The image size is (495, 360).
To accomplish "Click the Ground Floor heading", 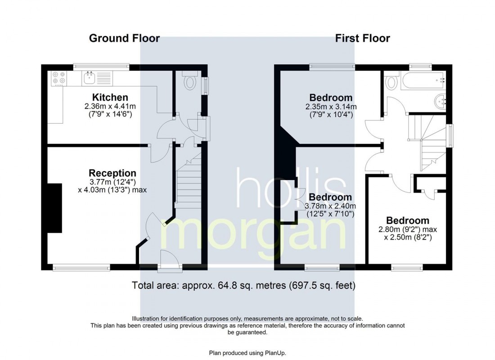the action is tap(124, 38).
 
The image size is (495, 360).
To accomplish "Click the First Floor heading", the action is tap(362, 38).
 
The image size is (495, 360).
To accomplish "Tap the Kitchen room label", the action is tap(110, 97).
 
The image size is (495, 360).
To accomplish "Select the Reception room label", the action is tap(112, 173).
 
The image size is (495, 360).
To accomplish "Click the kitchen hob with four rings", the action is tap(59, 78).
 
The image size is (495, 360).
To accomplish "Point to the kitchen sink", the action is tap(90, 78).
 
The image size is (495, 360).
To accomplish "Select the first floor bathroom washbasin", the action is tap(440, 102).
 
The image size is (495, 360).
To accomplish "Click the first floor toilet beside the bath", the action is tap(391, 81).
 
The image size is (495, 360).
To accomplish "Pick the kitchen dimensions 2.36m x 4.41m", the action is tap(110, 106).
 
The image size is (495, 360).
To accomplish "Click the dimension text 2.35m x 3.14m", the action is tap(331, 107).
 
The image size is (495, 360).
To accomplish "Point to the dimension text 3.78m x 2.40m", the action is tap(330, 206).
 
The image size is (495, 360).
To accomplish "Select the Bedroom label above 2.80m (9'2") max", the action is tap(408, 220).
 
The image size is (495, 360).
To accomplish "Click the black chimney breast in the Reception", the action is tap(54, 208).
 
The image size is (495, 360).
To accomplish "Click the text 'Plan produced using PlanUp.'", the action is tap(247, 353).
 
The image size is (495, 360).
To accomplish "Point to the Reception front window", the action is tap(81, 268).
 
